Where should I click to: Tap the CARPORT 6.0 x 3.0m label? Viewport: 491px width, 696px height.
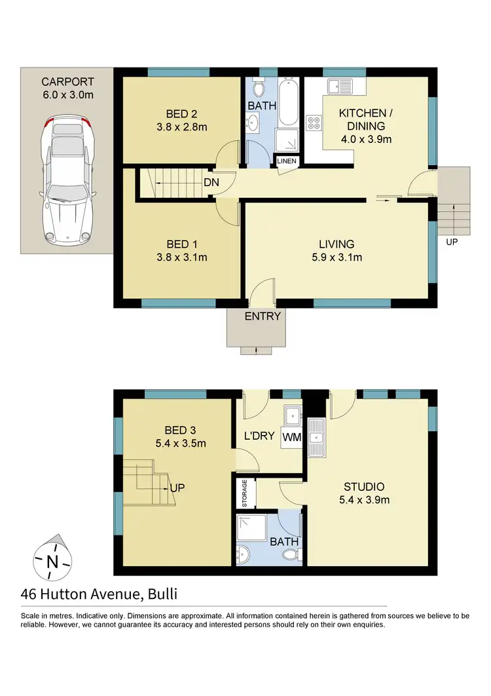(67, 88)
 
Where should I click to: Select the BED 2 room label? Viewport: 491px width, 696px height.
(176, 119)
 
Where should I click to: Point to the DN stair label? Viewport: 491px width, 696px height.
(211, 182)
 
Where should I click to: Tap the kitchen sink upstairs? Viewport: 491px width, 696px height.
(340, 85)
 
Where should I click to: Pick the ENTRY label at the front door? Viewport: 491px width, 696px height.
(263, 316)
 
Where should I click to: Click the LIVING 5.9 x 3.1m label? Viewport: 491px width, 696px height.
(337, 251)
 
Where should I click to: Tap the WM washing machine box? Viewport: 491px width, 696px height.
(291, 437)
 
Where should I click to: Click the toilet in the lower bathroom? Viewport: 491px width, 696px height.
(290, 556)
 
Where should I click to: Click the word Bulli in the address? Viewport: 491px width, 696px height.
(162, 594)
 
